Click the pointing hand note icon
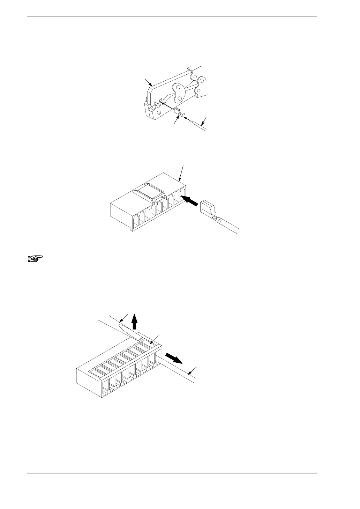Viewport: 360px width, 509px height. (x=35, y=259)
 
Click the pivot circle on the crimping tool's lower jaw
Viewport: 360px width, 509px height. (x=159, y=112)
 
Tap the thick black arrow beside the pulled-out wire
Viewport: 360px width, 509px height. (x=173, y=357)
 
